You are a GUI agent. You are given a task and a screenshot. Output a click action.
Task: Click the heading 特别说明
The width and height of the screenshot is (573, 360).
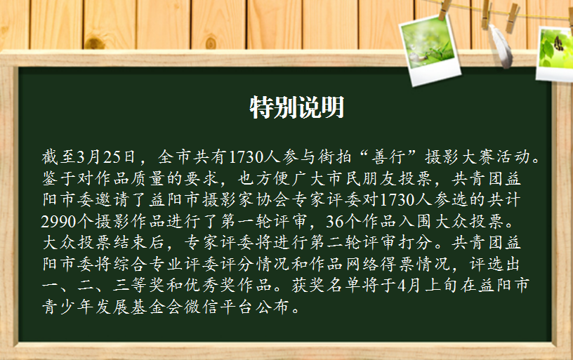pos(297,107)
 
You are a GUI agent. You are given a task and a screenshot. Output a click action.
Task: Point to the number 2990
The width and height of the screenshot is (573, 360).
pos(59,222)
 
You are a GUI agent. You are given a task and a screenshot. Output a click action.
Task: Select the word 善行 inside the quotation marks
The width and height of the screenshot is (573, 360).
pos(388,157)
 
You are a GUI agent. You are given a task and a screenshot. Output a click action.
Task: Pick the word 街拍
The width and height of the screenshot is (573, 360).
pos(334,157)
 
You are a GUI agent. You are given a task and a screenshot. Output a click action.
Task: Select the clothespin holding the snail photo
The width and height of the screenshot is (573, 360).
pos(444,10)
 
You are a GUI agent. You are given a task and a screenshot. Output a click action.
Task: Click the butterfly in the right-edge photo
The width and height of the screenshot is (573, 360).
pos(558,44)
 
